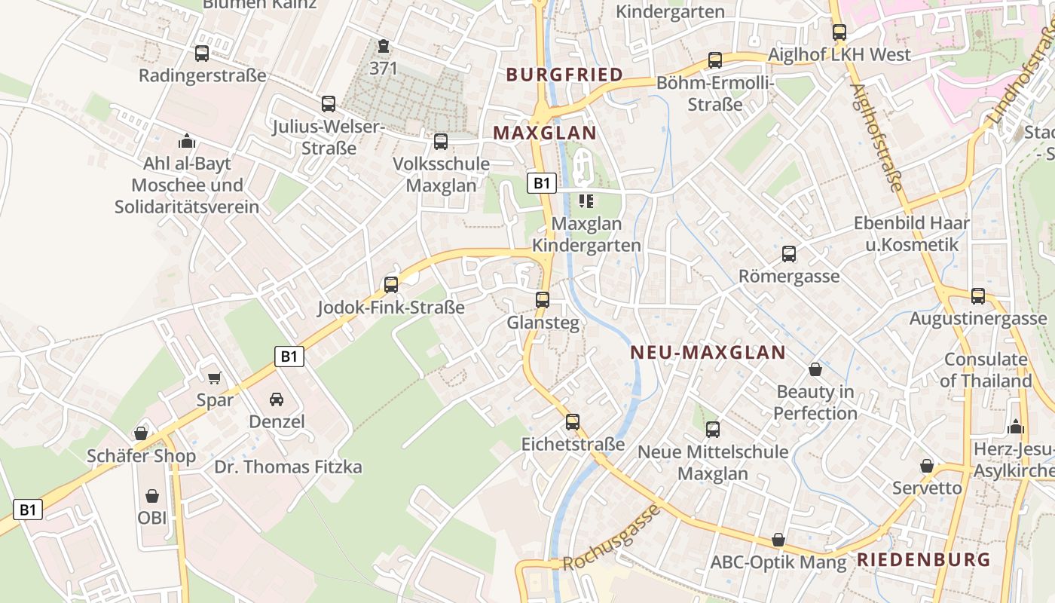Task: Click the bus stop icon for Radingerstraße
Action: pyautogui.click(x=201, y=54)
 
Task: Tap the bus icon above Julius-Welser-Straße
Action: pyautogui.click(x=328, y=104)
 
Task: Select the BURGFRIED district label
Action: pyautogui.click(x=564, y=75)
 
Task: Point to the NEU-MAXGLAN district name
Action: pyautogui.click(x=708, y=352)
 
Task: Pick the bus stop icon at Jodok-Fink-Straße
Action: pyautogui.click(x=390, y=284)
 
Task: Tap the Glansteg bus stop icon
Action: pyautogui.click(x=542, y=300)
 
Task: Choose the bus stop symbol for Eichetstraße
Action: pyautogui.click(x=573, y=421)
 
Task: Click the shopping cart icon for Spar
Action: pyautogui.click(x=215, y=378)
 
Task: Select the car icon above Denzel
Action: pyautogui.click(x=277, y=399)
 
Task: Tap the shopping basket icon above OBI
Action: pyautogui.click(x=152, y=496)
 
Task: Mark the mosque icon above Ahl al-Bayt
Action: pyautogui.click(x=186, y=141)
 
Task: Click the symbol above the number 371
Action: pyautogui.click(x=384, y=47)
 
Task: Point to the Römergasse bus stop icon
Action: pyautogui.click(x=788, y=254)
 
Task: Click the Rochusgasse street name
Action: pyautogui.click(x=611, y=538)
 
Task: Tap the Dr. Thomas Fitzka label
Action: pyautogui.click(x=288, y=467)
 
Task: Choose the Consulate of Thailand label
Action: pyautogui.click(x=986, y=370)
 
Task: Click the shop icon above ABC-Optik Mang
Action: pyautogui.click(x=778, y=540)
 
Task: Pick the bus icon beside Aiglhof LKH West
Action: pyautogui.click(x=839, y=32)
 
